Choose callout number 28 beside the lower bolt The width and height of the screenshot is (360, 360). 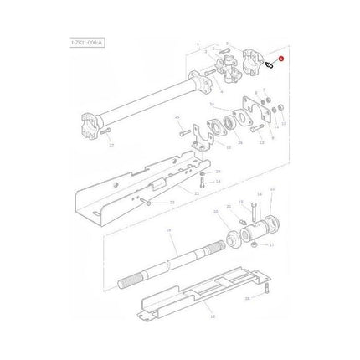click(x=248, y=298)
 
